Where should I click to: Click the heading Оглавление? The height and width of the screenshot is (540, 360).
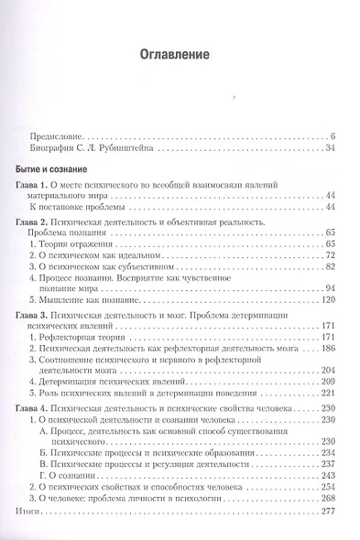[180, 55]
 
